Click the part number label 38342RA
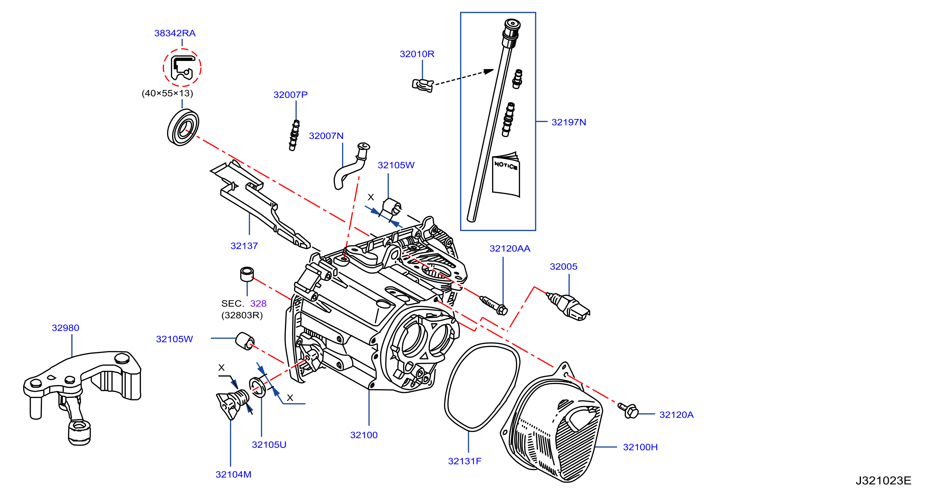[x=175, y=33]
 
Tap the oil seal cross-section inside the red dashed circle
[x=182, y=68]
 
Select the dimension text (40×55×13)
[x=167, y=93]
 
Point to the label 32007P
[x=290, y=95]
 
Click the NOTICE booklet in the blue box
[x=506, y=174]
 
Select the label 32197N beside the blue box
[x=569, y=122]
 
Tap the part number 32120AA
[x=510, y=248]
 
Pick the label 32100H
[x=640, y=447]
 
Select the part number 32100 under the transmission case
[x=364, y=435]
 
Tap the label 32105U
[x=269, y=444]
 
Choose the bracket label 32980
[x=66, y=328]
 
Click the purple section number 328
[x=258, y=303]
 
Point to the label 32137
[x=244, y=245]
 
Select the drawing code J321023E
[x=883, y=481]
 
